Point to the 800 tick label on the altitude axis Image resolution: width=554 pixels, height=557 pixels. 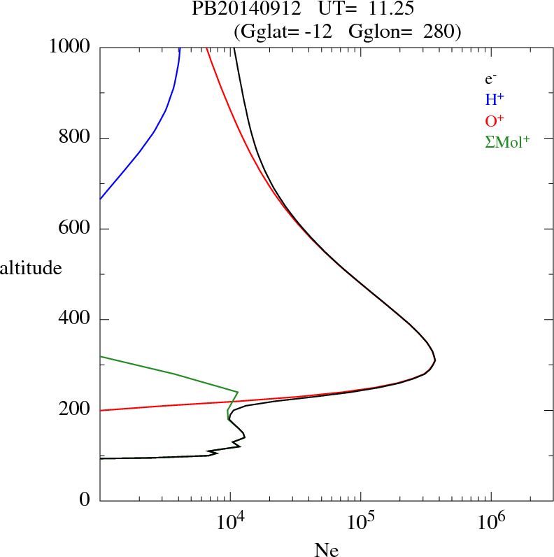pyautogui.click(x=75, y=139)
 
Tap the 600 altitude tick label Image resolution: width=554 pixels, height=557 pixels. pyautogui.click(x=75, y=229)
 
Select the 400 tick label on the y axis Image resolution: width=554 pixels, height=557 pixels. pyautogui.click(x=75, y=320)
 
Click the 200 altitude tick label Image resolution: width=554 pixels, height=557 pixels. pyautogui.click(x=75, y=410)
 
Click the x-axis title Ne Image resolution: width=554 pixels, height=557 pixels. pyautogui.click(x=325, y=550)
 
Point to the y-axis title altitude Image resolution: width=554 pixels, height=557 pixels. pyautogui.click(x=31, y=268)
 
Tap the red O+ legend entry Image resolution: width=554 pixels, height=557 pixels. pyautogui.click(x=493, y=120)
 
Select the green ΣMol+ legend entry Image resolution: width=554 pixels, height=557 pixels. pyautogui.click(x=507, y=141)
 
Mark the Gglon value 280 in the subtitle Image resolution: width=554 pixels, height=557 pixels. pyautogui.click(x=440, y=31)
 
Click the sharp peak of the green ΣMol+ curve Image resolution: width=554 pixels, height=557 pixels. pyautogui.click(x=238, y=392)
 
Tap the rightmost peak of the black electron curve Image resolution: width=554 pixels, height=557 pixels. pyautogui.click(x=435, y=360)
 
